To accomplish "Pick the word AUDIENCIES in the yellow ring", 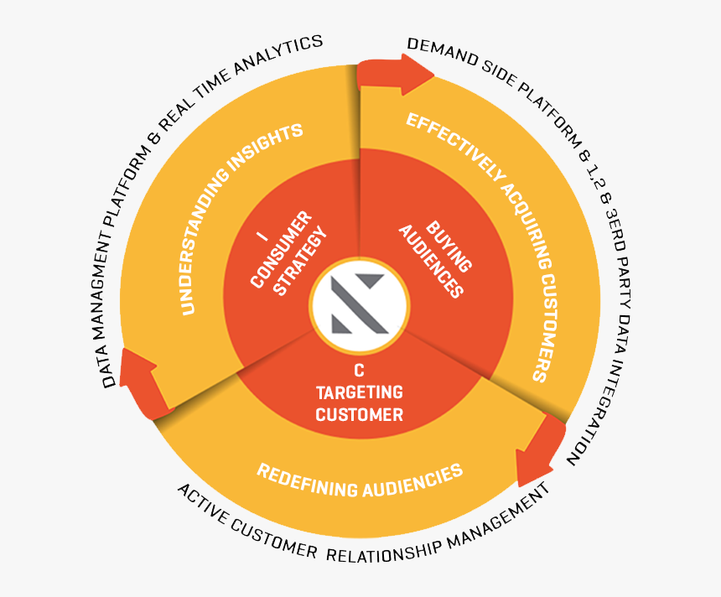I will pos(416,481).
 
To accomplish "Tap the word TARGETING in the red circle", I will pos(360,392).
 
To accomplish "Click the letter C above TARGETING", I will pos(359,370).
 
